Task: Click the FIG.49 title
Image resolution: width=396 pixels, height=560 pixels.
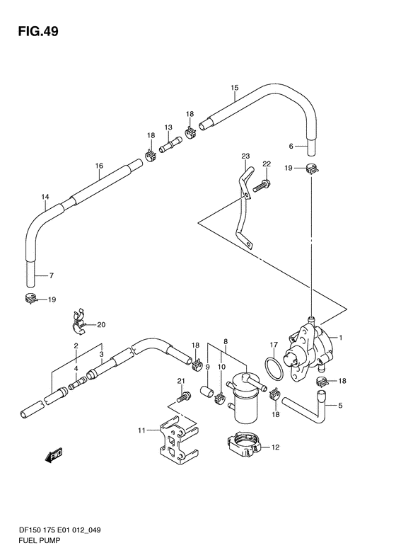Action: click(x=38, y=31)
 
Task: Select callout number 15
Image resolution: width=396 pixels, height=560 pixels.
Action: click(x=234, y=88)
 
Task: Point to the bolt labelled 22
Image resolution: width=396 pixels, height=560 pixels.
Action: click(x=262, y=185)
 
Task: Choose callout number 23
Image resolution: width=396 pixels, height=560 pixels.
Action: click(x=245, y=156)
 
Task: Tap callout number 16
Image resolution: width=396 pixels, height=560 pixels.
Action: click(x=99, y=166)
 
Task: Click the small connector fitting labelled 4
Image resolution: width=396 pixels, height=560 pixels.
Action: click(x=77, y=384)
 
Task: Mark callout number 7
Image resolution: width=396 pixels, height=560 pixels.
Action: click(x=52, y=275)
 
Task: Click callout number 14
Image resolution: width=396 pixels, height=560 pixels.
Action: click(x=45, y=196)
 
